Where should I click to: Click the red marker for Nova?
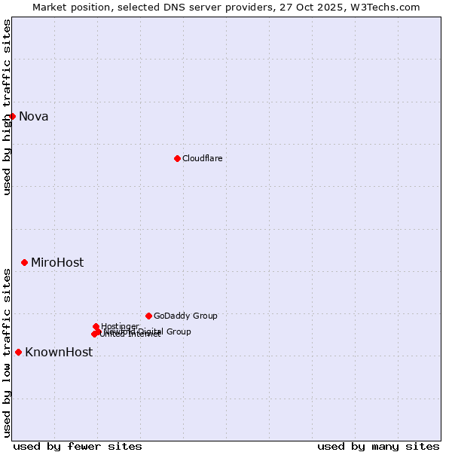pyautogui.click(x=12, y=116)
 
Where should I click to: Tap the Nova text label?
pyautogui.click(x=33, y=116)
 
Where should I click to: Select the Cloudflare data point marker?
pyautogui.click(x=177, y=158)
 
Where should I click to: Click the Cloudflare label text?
pyautogui.click(x=202, y=158)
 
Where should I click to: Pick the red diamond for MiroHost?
pyautogui.click(x=24, y=262)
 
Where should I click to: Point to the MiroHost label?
pyautogui.click(x=57, y=262)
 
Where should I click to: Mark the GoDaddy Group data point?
pyautogui.click(x=148, y=316)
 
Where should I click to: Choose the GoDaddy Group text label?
pyautogui.click(x=185, y=316)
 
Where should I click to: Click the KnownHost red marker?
pyautogui.click(x=18, y=352)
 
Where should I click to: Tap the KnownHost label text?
pyautogui.click(x=59, y=352)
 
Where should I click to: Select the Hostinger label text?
pyautogui.click(x=120, y=326)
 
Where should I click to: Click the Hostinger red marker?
pyautogui.click(x=96, y=326)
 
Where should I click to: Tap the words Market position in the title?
pyautogui.click(x=70, y=7)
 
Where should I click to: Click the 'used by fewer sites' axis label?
pyautogui.click(x=78, y=446)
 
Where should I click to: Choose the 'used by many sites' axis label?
pyautogui.click(x=378, y=446)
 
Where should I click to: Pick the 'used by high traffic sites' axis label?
pyautogui.click(x=7, y=107)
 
